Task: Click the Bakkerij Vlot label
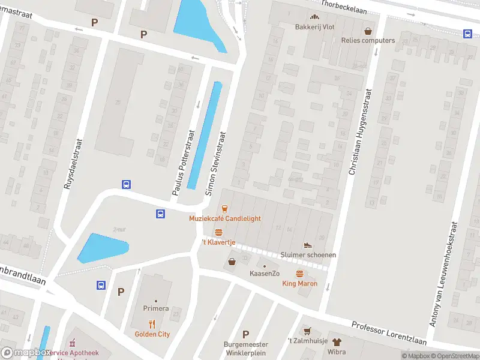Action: pyautogui.click(x=314, y=27)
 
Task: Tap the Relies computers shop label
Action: pyautogui.click(x=368, y=40)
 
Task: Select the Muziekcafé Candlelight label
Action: pyautogui.click(x=225, y=218)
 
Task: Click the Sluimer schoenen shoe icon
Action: pyautogui.click(x=308, y=245)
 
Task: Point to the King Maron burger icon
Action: pyautogui.click(x=299, y=273)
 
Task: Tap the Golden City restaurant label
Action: pyautogui.click(x=152, y=334)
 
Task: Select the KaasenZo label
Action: pyautogui.click(x=265, y=274)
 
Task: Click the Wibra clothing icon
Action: pyautogui.click(x=336, y=342)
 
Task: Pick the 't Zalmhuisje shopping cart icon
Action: pyautogui.click(x=307, y=331)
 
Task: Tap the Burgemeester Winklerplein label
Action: pyautogui.click(x=245, y=348)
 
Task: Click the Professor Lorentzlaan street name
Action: pyautogui.click(x=389, y=333)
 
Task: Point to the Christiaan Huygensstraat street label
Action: pyautogui.click(x=360, y=132)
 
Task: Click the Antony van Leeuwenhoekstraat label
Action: pyautogui.click(x=444, y=273)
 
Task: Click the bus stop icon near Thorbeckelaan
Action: pyautogui.click(x=467, y=34)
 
